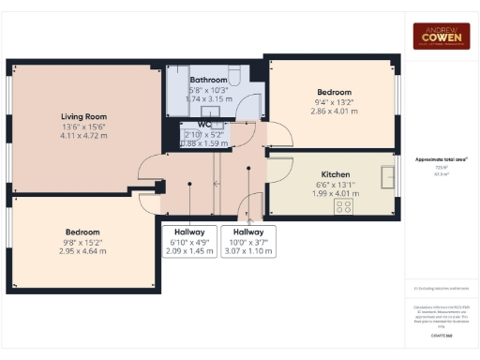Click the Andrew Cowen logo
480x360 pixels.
pos(442,36)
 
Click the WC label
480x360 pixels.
pos(204,124)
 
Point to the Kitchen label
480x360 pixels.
pos(336,174)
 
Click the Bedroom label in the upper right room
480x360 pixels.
pos(333,92)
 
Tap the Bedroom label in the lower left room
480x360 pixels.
pos(82,232)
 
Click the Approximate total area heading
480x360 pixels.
pos(441,159)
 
